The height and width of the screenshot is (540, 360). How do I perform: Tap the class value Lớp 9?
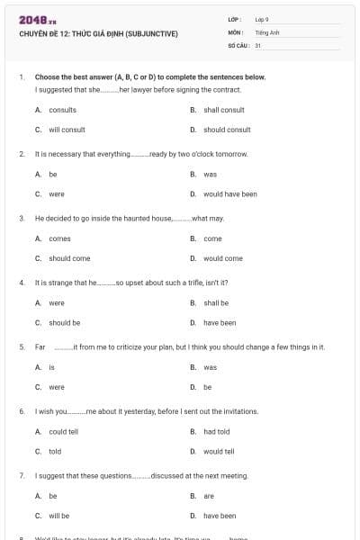pos(262,19)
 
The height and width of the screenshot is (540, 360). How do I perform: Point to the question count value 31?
pos(258,44)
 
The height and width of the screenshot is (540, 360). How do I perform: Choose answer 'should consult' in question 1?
pos(227,130)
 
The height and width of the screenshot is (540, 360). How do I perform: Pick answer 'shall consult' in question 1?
pos(224,110)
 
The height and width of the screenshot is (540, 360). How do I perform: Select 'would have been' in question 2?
pos(230,193)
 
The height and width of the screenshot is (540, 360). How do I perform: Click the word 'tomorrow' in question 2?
pos(230,154)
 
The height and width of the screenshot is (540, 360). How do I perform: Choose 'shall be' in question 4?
pos(216,302)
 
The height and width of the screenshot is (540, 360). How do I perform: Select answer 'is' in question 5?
pos(52,367)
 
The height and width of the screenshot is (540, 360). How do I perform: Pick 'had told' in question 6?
pos(218,431)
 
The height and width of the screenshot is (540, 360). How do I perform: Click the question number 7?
pos(21,475)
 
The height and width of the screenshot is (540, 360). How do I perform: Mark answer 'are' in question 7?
pos(209,496)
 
